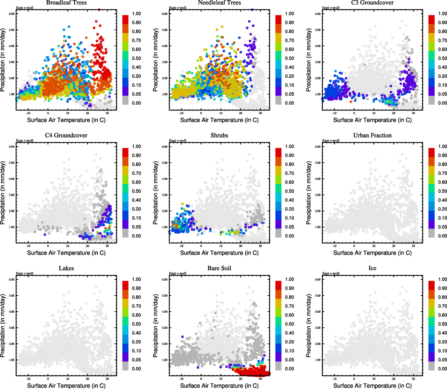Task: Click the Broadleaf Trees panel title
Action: pyautogui.click(x=66, y=3)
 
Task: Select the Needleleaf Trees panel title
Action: pyautogui.click(x=219, y=3)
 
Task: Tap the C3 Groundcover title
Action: pyautogui.click(x=372, y=3)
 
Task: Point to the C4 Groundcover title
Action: pyautogui.click(x=66, y=136)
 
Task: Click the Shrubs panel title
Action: pyautogui.click(x=219, y=136)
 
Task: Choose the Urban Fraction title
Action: pyautogui.click(x=372, y=136)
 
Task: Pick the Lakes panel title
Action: pyautogui.click(x=66, y=268)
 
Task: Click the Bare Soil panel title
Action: pyautogui.click(x=219, y=268)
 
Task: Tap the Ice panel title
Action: pyautogui.click(x=372, y=268)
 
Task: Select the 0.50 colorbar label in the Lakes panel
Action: pyautogui.click(x=136, y=324)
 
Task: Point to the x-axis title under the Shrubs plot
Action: pyautogui.click(x=219, y=253)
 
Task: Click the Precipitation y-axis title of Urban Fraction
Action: pyautogui.click(x=309, y=193)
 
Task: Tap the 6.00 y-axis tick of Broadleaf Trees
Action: pyautogui.click(x=12, y=14)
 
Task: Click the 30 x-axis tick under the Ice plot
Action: pyautogui.click(x=413, y=379)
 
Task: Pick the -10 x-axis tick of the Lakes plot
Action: pyautogui.click(x=28, y=379)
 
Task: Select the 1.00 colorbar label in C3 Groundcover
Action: pyautogui.click(x=442, y=14)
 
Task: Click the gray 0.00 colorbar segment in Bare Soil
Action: pyautogui.click(x=279, y=366)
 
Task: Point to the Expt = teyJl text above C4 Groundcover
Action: pyautogui.click(x=25, y=141)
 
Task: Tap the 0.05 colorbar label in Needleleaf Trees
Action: pyautogui.click(x=290, y=94)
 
